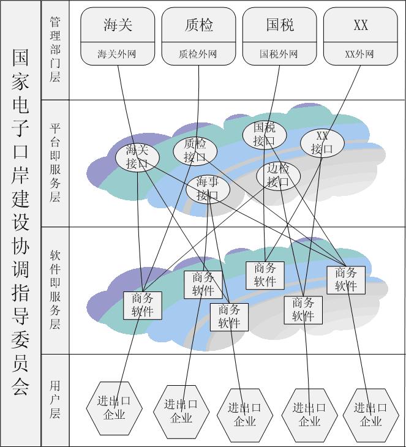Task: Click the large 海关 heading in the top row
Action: tap(118, 25)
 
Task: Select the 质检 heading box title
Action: tap(198, 25)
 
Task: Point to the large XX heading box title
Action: tap(361, 25)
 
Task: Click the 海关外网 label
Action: tap(118, 54)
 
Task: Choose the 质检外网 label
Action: tap(198, 54)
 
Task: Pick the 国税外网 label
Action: tap(280, 54)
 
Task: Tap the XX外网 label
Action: tap(361, 54)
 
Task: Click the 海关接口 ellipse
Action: tap(137, 157)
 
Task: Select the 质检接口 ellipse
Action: tap(195, 151)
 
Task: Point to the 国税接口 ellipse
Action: tap(264, 134)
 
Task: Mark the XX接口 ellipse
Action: tap(322, 143)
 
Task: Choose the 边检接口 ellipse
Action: tap(279, 176)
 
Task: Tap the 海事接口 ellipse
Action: tap(208, 189)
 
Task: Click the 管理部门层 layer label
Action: tap(55, 50)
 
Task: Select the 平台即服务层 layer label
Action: tap(55, 162)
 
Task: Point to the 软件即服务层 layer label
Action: tap(55, 290)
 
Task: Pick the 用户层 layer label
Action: tap(55, 399)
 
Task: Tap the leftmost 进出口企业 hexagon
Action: tap(114, 407)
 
